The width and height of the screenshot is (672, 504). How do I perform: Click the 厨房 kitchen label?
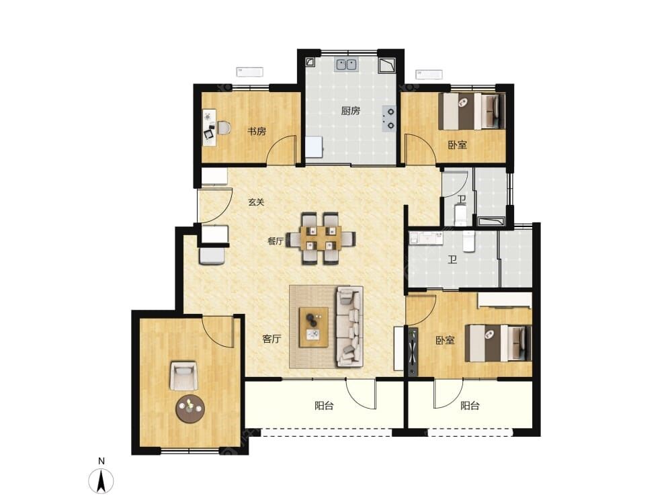pos(350,111)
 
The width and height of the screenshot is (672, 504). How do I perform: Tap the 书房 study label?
pos(256,132)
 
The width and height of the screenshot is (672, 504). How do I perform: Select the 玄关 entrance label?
pos(256,202)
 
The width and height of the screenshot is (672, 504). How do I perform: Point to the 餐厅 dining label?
pos(276,241)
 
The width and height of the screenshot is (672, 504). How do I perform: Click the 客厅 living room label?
pos(271,339)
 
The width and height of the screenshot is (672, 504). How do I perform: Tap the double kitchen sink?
pos(347,65)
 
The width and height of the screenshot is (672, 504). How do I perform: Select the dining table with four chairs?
pos(321,239)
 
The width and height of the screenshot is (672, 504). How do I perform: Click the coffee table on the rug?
pos(314,327)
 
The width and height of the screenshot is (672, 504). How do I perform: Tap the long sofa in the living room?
pos(349,327)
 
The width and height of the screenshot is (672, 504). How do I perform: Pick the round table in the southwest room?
pos(190,409)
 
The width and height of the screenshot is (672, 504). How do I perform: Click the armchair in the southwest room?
pos(184,376)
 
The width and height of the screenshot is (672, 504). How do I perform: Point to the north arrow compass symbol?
pos(101,481)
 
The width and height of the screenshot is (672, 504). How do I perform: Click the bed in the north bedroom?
pos(474,112)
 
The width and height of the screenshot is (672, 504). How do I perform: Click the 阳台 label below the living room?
pos(324,406)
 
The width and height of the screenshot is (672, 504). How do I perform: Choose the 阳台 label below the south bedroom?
pos(470,406)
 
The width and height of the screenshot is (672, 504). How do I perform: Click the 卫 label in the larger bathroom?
pos(452,259)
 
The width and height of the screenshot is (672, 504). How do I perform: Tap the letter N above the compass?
pos(101,461)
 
